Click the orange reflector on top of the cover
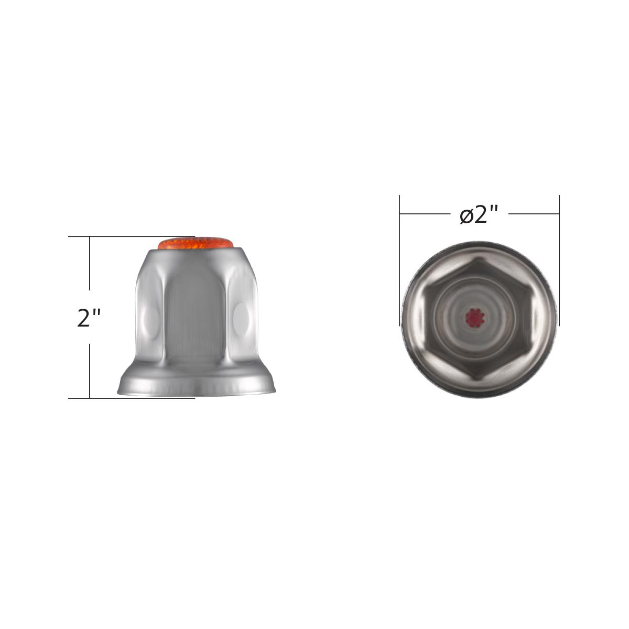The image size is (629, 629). [195, 244]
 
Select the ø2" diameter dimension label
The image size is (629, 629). [478, 215]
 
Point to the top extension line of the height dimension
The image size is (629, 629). [131, 237]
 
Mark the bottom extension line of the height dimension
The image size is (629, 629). [131, 398]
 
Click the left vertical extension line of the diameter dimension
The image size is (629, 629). [400, 262]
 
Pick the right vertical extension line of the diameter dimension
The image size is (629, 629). [559, 262]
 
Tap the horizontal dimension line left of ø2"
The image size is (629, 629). [425, 214]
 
